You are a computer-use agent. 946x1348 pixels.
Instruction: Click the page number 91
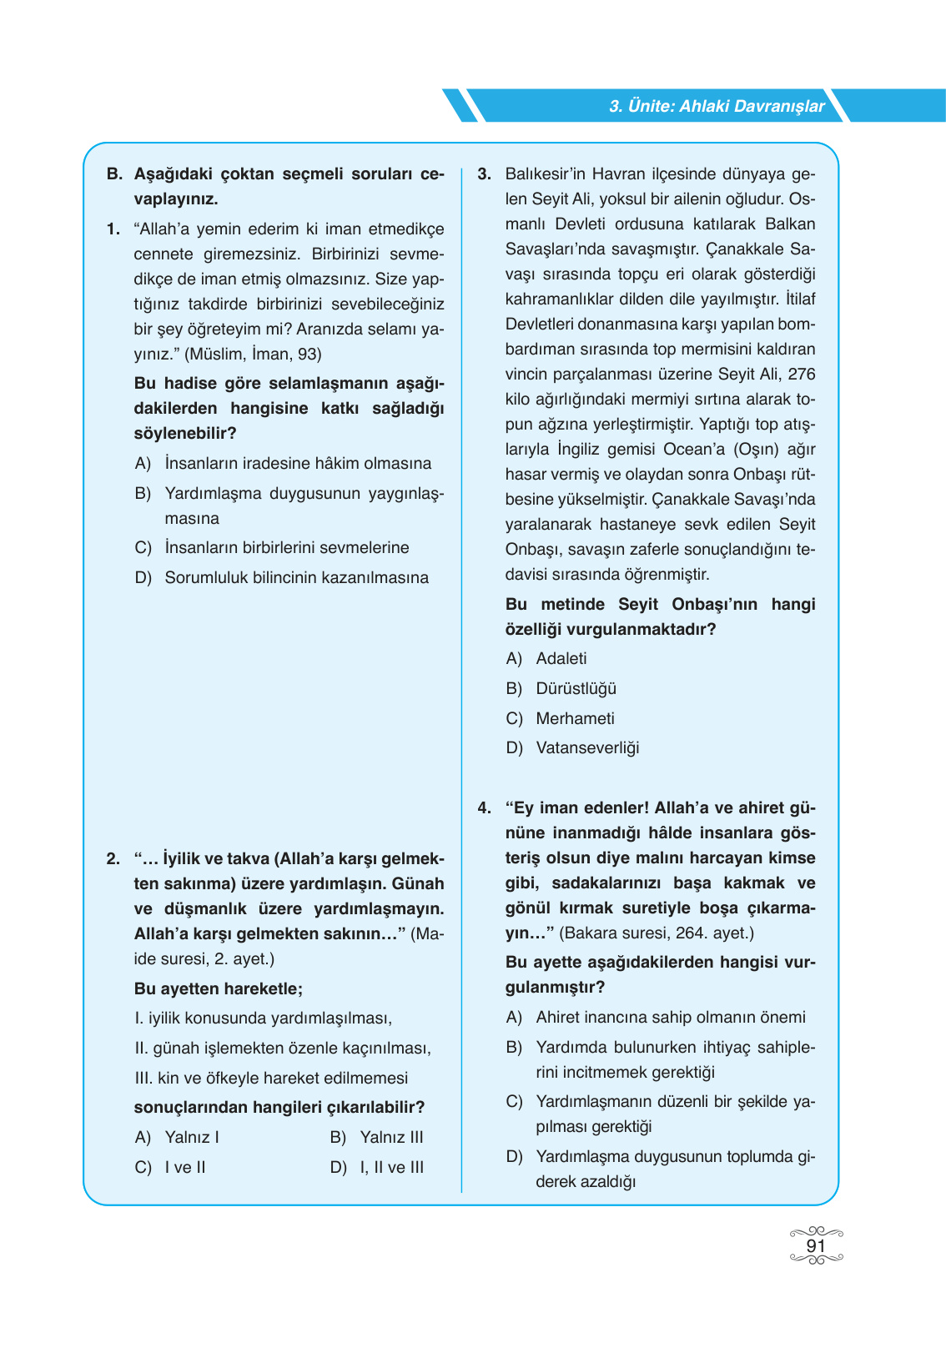click(815, 1245)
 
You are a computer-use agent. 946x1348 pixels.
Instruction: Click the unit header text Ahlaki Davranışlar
click(717, 106)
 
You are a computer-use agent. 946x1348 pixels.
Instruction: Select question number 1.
click(113, 229)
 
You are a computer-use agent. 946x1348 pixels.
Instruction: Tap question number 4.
click(484, 807)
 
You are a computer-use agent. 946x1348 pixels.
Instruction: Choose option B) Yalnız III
click(377, 1137)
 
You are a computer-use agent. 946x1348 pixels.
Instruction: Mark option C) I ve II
click(170, 1167)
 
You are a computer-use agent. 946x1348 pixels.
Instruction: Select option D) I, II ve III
click(377, 1167)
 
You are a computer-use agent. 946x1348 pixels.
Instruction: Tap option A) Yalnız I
click(177, 1137)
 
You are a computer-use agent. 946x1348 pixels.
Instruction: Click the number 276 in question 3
click(801, 374)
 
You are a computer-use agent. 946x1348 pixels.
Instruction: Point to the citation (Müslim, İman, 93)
click(253, 354)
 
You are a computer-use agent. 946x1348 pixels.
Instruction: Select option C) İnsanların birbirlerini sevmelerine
click(272, 547)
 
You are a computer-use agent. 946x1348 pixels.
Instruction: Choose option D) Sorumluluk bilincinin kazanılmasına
click(281, 577)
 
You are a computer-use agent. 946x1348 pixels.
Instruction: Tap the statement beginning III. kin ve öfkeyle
click(271, 1078)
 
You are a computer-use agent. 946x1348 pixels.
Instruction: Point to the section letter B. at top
click(114, 174)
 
